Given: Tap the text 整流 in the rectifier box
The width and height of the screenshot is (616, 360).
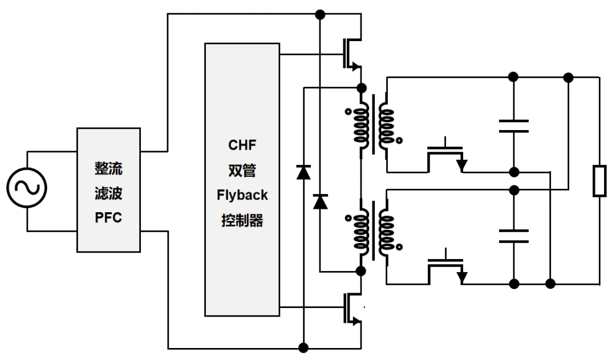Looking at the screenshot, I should [108, 169].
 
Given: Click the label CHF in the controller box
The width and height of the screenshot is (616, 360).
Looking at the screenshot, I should [242, 145].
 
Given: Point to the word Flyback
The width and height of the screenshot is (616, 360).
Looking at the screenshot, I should [242, 195].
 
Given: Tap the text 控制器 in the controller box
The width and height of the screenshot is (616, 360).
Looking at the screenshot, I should [242, 220].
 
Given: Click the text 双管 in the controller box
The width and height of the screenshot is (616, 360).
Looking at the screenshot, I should [242, 170].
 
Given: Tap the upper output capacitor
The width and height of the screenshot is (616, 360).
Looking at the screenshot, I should [513, 126].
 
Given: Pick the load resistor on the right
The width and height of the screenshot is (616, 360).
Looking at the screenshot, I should [599, 181].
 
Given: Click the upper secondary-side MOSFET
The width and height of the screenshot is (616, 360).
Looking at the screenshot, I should [447, 155].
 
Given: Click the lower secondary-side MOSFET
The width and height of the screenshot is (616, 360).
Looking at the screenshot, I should [447, 266].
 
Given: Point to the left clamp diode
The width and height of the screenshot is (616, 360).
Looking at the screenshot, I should [303, 171].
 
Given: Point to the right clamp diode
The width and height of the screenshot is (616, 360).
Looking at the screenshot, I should [321, 201].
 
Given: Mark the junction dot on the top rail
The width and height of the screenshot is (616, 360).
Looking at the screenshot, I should [321, 14].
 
